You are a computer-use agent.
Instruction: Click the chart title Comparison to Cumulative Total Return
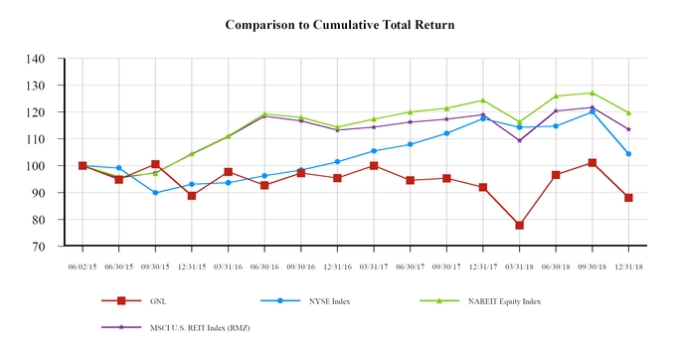340,23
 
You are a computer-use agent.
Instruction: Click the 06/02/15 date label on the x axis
83,266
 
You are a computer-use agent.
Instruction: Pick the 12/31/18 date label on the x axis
628,266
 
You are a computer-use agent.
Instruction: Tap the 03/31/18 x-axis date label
519,266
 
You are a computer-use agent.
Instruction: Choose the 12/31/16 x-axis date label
337,266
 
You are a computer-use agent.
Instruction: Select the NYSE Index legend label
326,300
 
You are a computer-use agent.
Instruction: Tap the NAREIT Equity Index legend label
505,300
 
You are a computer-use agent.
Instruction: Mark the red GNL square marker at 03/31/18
519,226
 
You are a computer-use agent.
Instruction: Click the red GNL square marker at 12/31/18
628,198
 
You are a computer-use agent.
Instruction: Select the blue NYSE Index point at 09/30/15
155,193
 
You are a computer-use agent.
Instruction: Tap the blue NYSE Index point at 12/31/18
628,154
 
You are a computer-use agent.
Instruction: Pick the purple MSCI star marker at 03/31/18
519,140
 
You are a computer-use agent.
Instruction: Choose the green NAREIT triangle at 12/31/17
483,100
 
